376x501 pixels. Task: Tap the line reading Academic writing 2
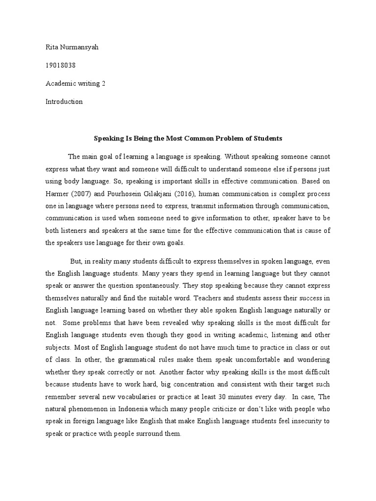76,84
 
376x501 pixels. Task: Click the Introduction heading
64,102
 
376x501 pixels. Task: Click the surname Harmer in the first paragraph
58,193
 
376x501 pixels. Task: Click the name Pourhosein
120,193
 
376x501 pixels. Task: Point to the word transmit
195,205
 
